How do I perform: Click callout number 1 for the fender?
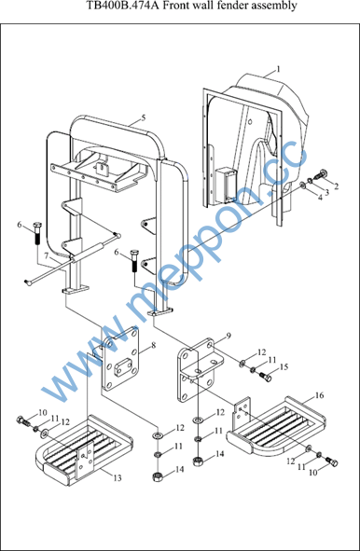[279, 69]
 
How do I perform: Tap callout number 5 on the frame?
[144, 117]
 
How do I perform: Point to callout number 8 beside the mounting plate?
[154, 346]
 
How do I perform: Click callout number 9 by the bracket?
[228, 337]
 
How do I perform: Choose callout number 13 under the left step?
[118, 478]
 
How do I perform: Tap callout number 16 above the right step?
[319, 395]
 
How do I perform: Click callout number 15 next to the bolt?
[284, 366]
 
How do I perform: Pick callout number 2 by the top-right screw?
[337, 186]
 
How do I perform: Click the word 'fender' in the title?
[228, 6]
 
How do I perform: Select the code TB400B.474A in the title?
[124, 6]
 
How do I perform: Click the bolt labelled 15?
[266, 377]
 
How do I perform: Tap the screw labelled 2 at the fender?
[322, 173]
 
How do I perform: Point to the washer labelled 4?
[302, 185]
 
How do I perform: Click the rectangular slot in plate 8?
[123, 366]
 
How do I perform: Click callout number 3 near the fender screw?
[327, 192]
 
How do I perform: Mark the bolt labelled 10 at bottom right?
[332, 461]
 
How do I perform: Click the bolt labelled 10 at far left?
[22, 420]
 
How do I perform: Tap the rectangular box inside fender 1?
[226, 185]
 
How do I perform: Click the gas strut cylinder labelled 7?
[87, 253]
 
